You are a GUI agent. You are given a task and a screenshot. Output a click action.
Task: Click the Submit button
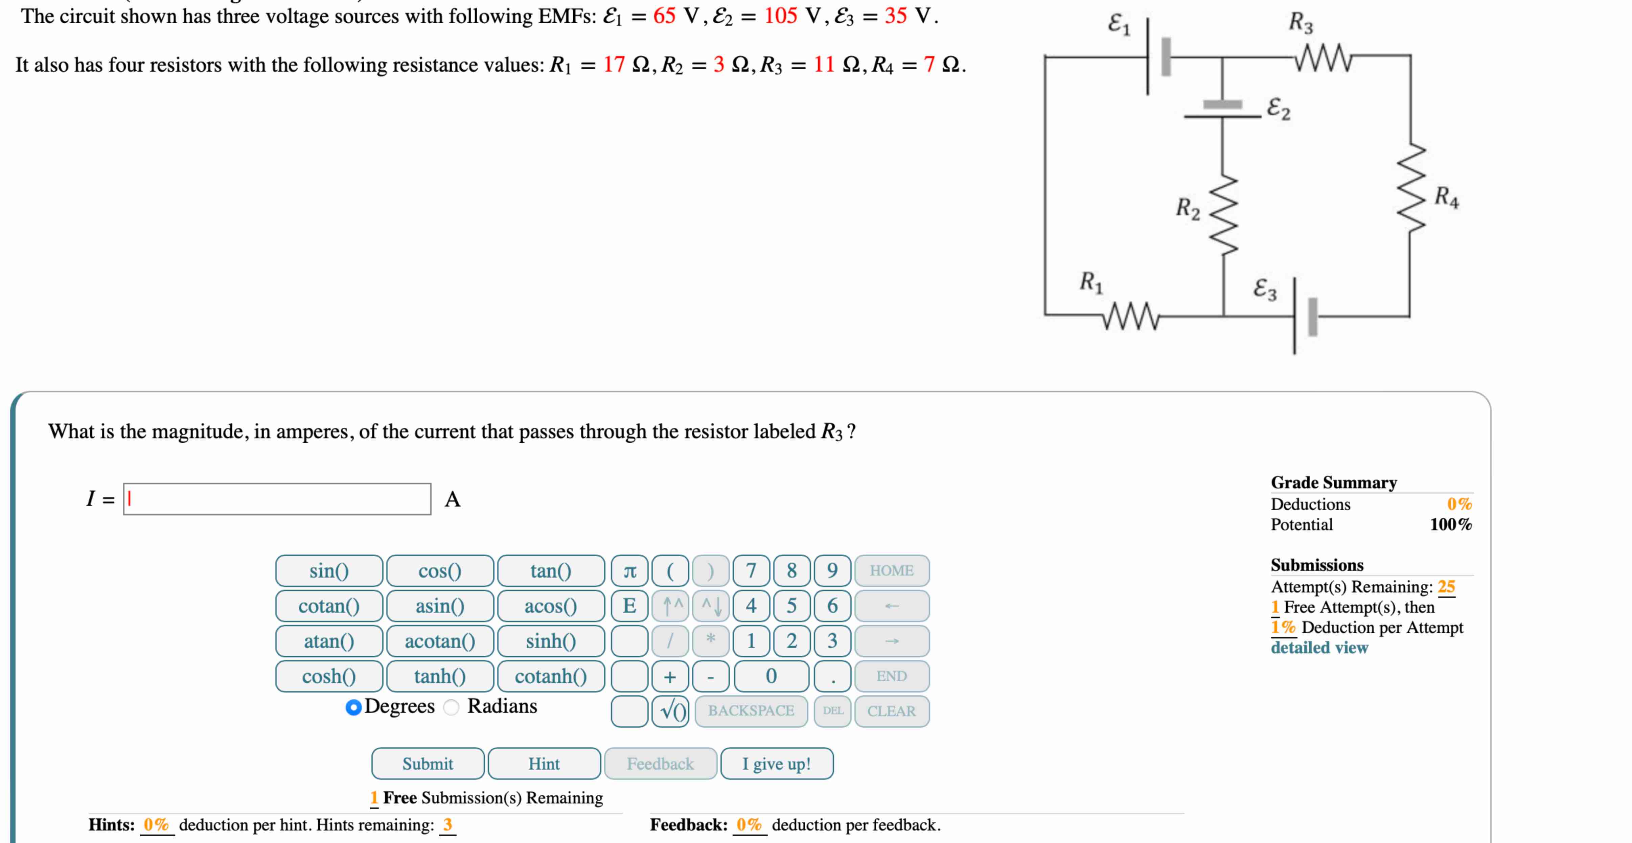(428, 764)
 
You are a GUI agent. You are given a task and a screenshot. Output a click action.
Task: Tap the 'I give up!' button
(777, 764)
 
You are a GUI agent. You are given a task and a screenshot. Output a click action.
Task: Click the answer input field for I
(277, 499)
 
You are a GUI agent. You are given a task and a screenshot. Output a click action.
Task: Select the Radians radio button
(451, 707)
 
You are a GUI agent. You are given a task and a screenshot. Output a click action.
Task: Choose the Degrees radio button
(353, 707)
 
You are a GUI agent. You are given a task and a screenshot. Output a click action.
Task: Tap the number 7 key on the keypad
(751, 571)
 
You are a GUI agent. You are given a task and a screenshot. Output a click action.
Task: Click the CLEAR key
(891, 711)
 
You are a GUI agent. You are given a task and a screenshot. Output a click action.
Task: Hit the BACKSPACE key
(751, 711)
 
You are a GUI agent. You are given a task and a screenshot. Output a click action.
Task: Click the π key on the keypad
(629, 571)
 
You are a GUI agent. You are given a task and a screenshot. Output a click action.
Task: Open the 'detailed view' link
(1319, 647)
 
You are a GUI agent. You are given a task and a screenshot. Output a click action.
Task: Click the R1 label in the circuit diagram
(1091, 281)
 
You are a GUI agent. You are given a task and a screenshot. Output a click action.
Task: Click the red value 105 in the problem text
(780, 16)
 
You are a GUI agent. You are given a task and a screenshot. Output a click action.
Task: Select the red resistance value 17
(613, 65)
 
